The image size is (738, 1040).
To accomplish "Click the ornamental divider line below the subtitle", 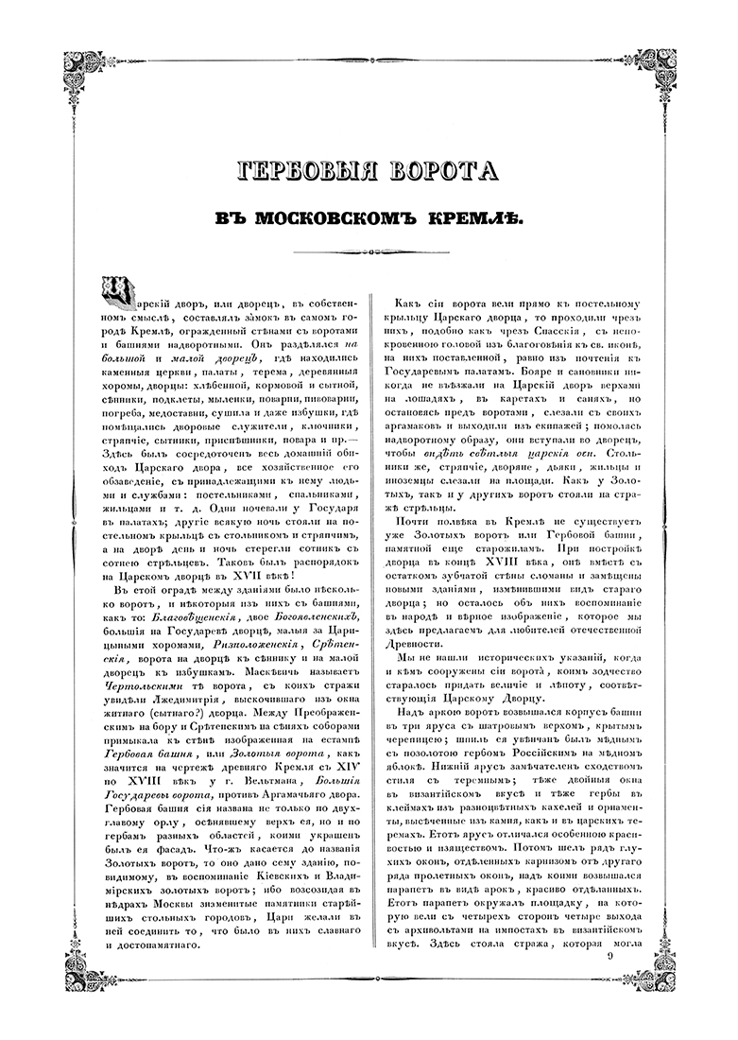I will [x=369, y=252].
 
